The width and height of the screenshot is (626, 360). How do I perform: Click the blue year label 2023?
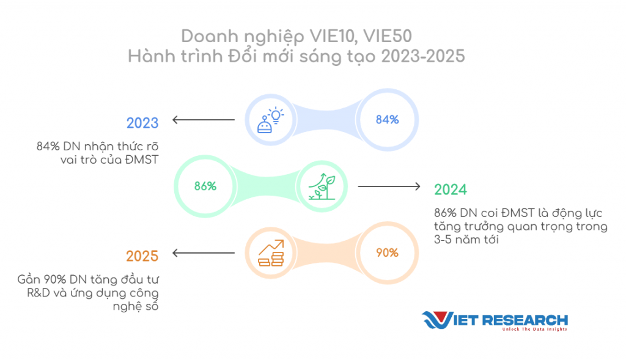[x=142, y=123]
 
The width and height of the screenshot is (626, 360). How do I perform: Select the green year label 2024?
[x=451, y=189]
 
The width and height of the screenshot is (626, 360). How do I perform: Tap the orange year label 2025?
[x=142, y=256]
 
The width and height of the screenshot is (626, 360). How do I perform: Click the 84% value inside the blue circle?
[x=387, y=120]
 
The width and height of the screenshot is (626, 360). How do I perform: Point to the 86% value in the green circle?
[x=205, y=186]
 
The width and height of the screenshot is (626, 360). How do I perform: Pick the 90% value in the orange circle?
[x=387, y=252]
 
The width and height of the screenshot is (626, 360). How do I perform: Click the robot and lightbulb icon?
[x=270, y=120]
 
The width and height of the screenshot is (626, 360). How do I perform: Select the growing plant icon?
[x=322, y=186]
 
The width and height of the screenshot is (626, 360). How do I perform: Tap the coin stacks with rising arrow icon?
[x=271, y=252]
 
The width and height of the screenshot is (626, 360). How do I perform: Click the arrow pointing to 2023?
[x=204, y=120]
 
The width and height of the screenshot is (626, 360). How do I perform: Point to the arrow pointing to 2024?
[x=389, y=186]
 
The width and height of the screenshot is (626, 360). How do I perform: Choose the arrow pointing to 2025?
[x=204, y=252]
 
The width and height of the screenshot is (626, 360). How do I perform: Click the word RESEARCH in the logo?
[x=525, y=320]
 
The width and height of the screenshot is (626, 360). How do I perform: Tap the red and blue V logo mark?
[x=438, y=320]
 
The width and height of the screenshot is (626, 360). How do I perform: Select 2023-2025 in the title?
[x=423, y=56]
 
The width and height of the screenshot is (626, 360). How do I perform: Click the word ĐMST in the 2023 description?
[x=142, y=160]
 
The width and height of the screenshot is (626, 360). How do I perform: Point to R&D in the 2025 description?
[x=39, y=293]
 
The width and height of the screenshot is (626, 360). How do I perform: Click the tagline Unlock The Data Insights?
[x=534, y=329]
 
